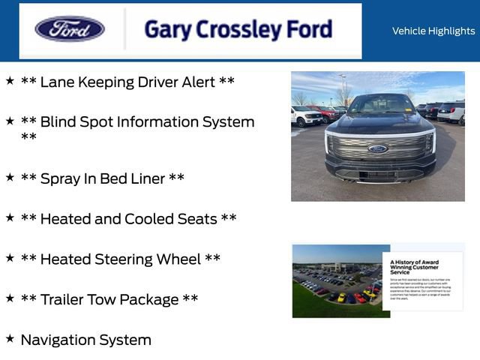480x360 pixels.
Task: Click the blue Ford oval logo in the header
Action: click(x=70, y=30)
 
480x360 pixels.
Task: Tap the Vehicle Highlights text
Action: click(x=433, y=31)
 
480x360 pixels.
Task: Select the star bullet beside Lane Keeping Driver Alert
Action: click(x=10, y=80)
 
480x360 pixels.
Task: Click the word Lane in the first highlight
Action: click(x=57, y=82)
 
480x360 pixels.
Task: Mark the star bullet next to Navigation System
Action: click(x=10, y=338)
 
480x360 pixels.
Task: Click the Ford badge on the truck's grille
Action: click(x=378, y=148)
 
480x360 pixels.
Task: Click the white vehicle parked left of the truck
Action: click(x=307, y=115)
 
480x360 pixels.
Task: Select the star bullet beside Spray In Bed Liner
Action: click(x=10, y=177)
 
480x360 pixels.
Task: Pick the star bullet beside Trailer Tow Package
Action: click(x=10, y=298)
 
